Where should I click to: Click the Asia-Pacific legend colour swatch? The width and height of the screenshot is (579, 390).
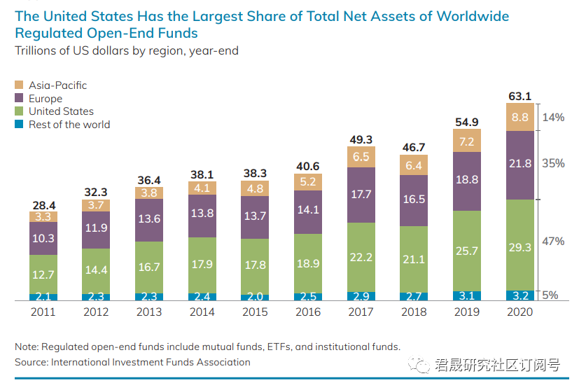tap(20, 85)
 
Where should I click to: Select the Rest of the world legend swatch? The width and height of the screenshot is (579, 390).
tap(20, 125)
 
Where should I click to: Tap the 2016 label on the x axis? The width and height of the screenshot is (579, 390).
tap(309, 312)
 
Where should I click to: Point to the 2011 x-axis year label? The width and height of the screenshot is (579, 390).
tap(43, 312)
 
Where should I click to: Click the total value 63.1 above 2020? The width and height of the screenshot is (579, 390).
tap(520, 96)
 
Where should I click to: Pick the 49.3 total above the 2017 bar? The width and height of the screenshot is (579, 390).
tap(361, 140)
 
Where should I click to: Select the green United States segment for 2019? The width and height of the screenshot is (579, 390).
tap(468, 251)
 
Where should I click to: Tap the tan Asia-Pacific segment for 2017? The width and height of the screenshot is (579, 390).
tap(361, 158)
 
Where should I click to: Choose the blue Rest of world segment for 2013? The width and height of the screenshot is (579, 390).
tap(150, 297)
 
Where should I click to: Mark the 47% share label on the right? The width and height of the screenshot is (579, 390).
tap(553, 242)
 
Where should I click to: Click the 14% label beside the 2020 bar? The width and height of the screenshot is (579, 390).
tap(553, 118)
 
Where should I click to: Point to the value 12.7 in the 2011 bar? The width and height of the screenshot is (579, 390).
tap(43, 274)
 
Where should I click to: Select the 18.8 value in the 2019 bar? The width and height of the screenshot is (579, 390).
tap(468, 180)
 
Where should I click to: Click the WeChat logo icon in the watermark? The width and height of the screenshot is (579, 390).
tap(421, 364)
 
